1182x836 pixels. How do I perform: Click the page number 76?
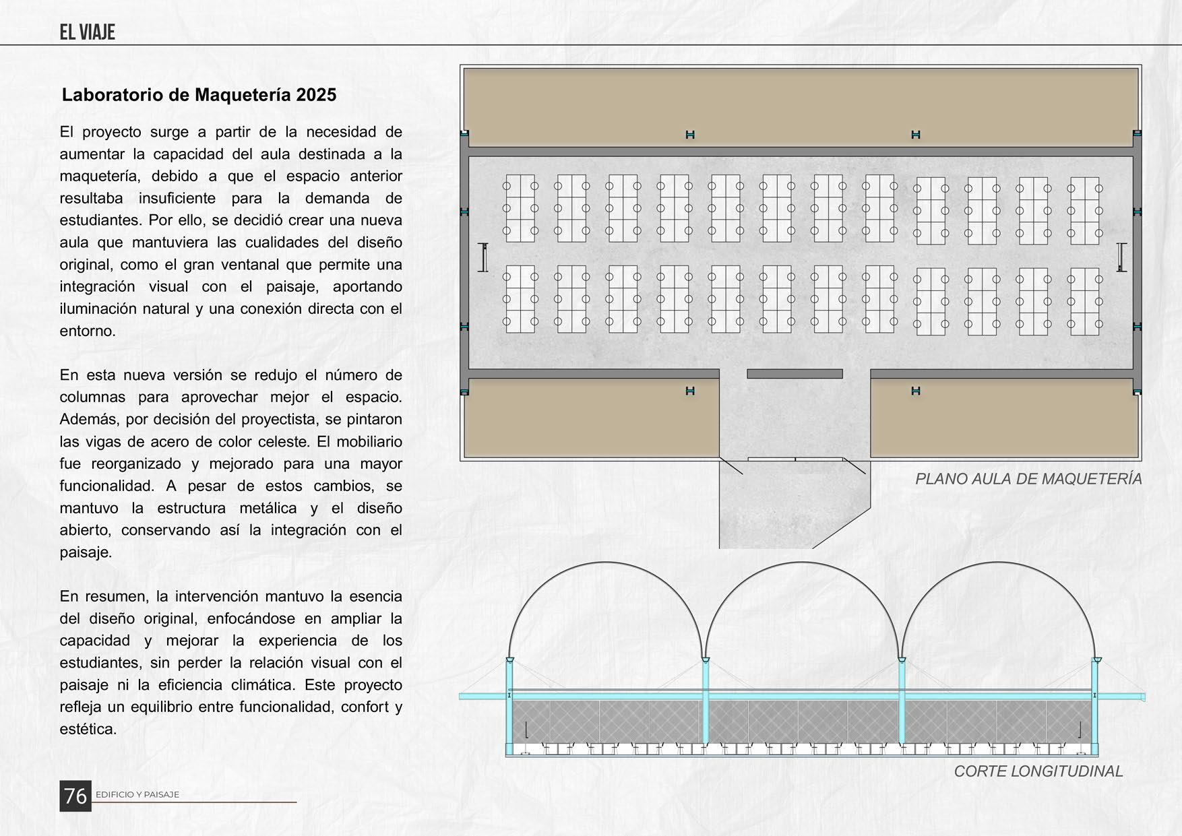(x=75, y=796)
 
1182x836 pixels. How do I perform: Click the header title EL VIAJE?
(x=87, y=32)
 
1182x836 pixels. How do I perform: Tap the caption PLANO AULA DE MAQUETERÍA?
(x=1028, y=479)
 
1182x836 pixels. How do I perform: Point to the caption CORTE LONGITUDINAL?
(x=1038, y=771)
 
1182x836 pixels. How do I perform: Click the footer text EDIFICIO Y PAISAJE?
(x=137, y=795)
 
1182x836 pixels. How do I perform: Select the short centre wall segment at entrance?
(x=795, y=374)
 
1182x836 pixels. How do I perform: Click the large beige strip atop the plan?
(x=800, y=106)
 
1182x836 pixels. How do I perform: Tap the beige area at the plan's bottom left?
(x=593, y=418)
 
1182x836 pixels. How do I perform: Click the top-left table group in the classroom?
(x=520, y=208)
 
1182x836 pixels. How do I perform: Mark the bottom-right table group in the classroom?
(x=1084, y=301)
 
